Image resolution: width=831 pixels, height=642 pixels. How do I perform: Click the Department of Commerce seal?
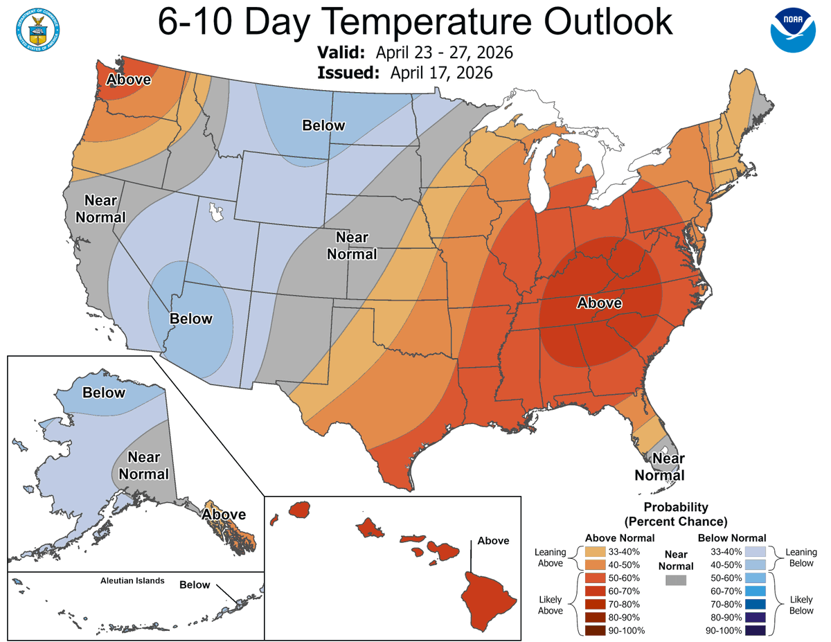point(35,28)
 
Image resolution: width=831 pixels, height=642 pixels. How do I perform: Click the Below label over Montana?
point(323,125)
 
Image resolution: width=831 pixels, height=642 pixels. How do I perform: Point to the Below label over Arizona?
point(191,319)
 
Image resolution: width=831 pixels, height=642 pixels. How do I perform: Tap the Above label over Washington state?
point(128,80)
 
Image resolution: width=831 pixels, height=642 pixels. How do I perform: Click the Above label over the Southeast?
point(600,303)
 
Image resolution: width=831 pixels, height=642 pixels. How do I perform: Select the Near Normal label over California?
point(105,208)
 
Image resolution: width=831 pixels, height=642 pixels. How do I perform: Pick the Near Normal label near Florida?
point(660,467)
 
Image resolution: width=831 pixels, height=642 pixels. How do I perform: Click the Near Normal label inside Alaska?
point(144,465)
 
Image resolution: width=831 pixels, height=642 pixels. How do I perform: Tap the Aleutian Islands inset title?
point(132,580)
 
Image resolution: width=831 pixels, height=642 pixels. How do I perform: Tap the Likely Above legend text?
point(551,605)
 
